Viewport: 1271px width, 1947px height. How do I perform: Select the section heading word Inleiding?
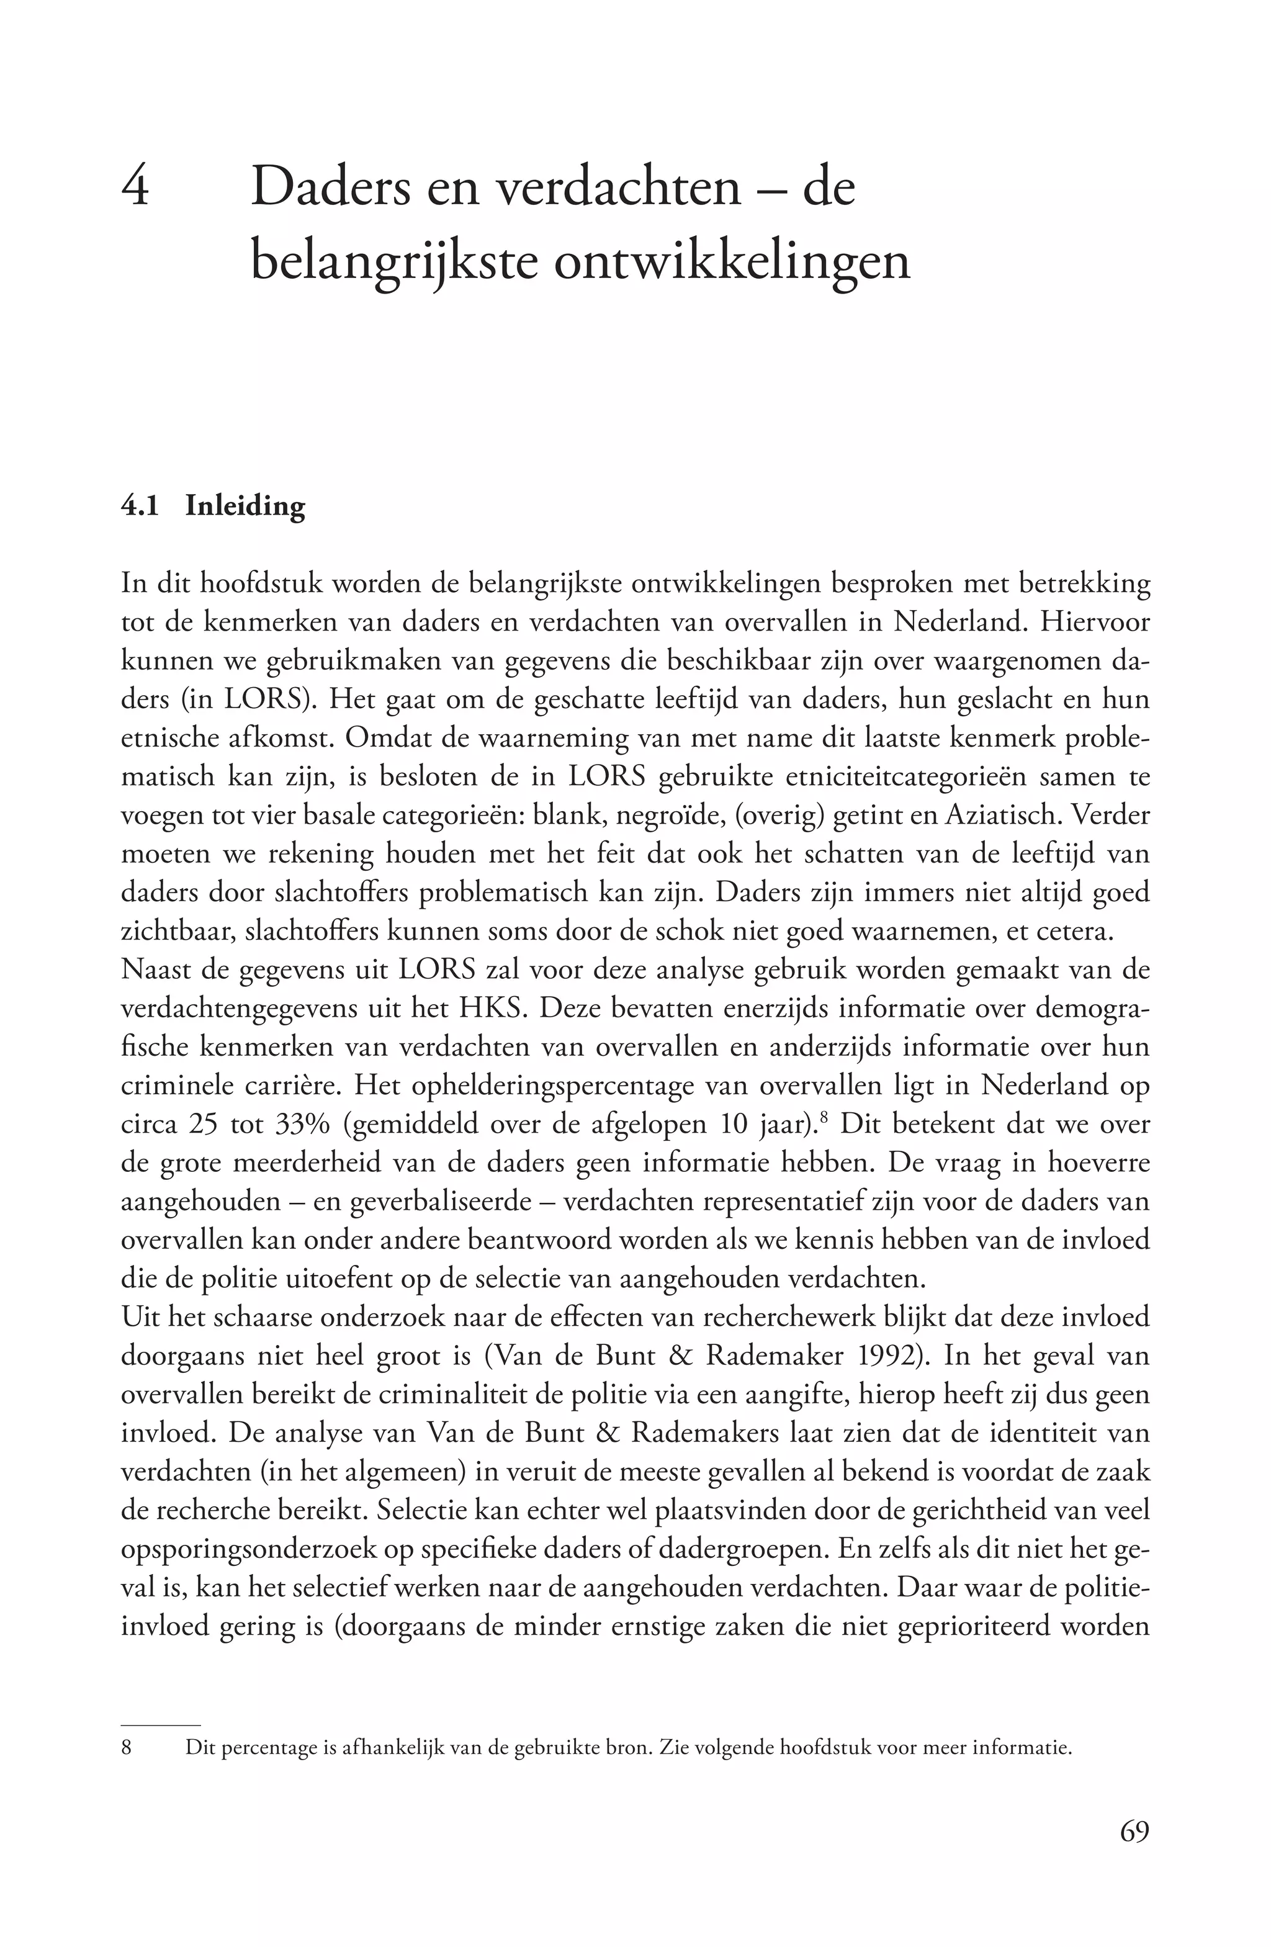(245, 506)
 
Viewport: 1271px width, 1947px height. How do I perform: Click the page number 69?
(1134, 1832)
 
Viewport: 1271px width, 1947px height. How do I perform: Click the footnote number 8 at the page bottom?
(126, 1748)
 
